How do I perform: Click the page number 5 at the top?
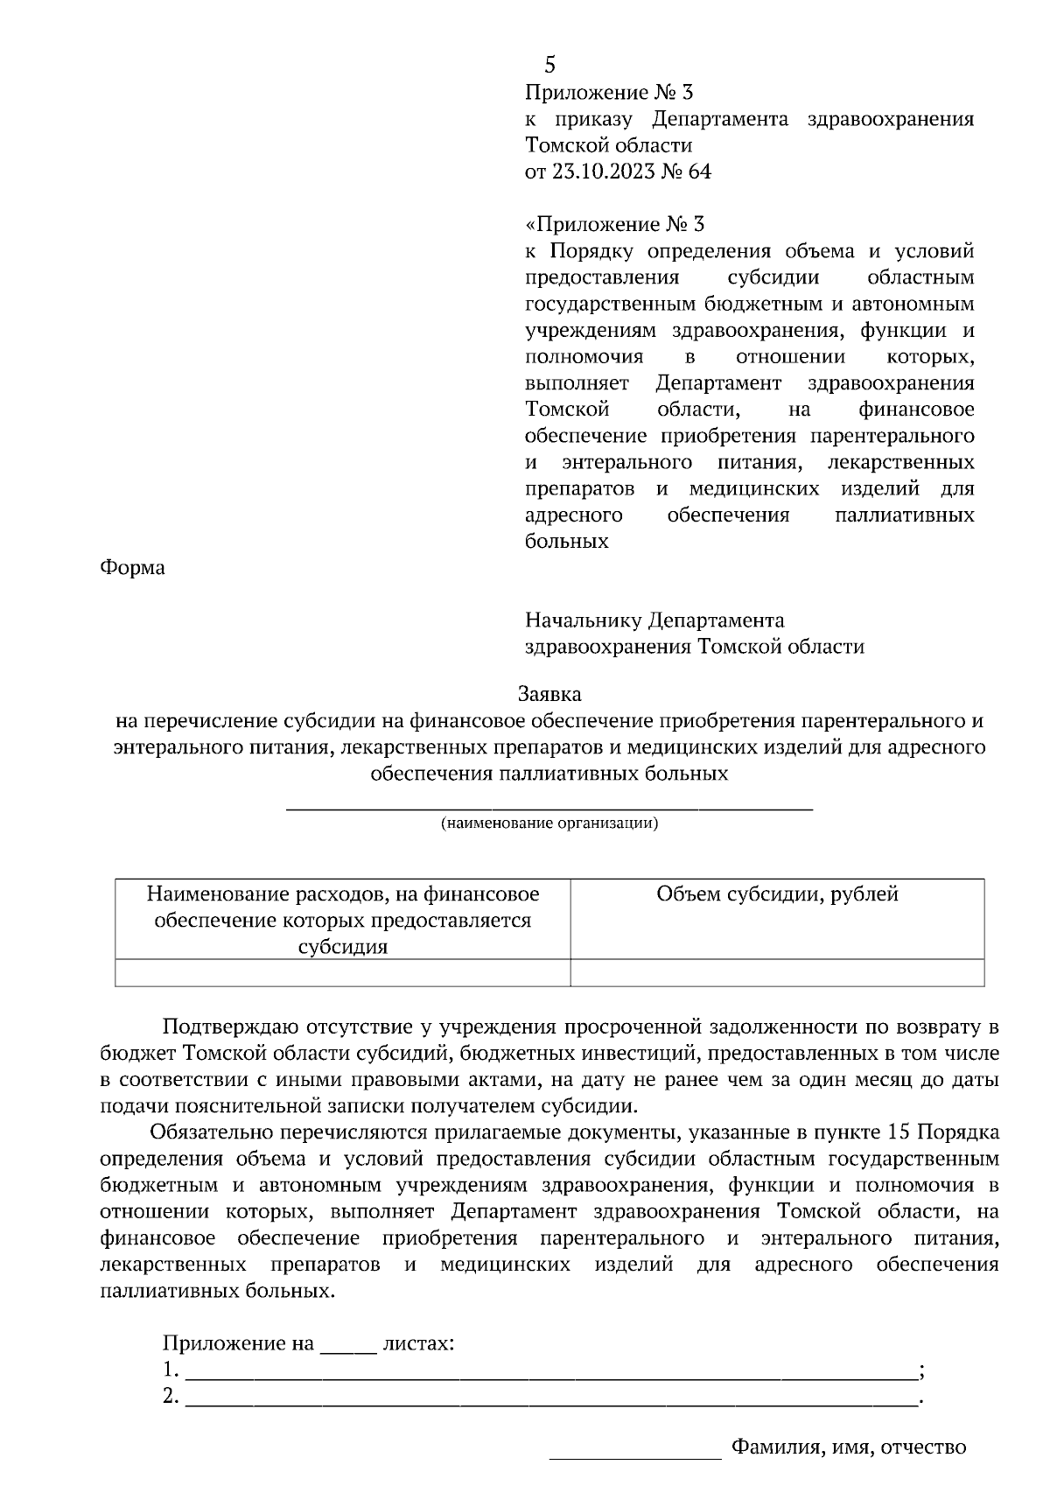(x=549, y=65)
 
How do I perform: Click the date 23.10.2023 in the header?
(x=603, y=172)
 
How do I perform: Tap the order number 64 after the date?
(x=700, y=172)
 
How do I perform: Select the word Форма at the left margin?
(x=132, y=568)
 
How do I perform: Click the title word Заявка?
(x=549, y=695)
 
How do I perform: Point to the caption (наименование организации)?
(x=549, y=824)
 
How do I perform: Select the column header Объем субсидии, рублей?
(x=777, y=894)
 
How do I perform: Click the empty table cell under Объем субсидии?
(x=777, y=973)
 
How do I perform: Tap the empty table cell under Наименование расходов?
(x=342, y=973)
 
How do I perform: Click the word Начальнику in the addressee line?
(x=584, y=621)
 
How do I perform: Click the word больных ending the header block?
(x=566, y=542)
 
